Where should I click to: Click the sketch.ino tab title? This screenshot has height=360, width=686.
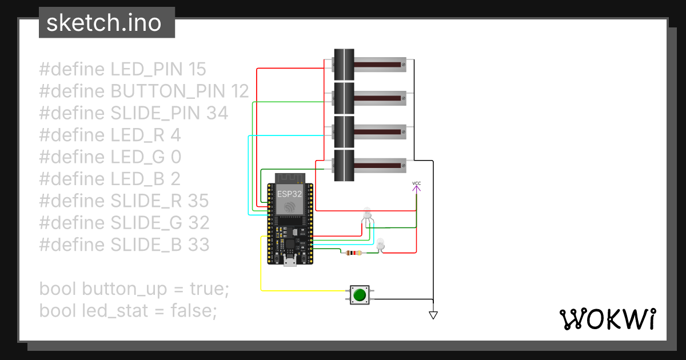point(103,23)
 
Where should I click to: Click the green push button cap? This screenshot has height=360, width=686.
point(359,295)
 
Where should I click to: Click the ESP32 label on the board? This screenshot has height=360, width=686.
point(289,194)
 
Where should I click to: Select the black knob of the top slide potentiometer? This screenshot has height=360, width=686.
point(344,64)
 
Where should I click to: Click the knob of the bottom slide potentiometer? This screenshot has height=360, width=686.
point(344,165)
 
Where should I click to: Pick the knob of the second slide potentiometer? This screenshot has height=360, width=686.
point(344,98)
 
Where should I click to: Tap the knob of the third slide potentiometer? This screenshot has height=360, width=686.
point(344,131)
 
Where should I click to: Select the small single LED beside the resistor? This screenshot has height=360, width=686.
point(381,244)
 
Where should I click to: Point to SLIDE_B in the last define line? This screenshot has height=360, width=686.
point(146,245)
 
